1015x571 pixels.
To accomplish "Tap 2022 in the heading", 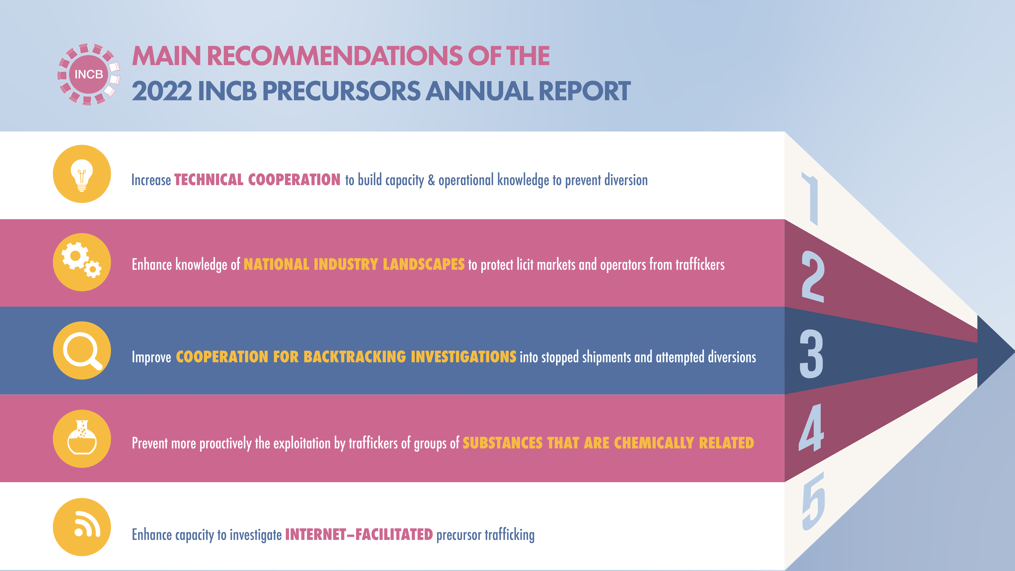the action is pyautogui.click(x=162, y=91).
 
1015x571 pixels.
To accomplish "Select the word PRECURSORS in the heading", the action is pyautogui.click(x=342, y=91).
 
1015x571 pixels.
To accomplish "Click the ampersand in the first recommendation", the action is pyautogui.click(x=431, y=180).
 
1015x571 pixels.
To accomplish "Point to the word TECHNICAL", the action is pyautogui.click(x=209, y=180).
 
